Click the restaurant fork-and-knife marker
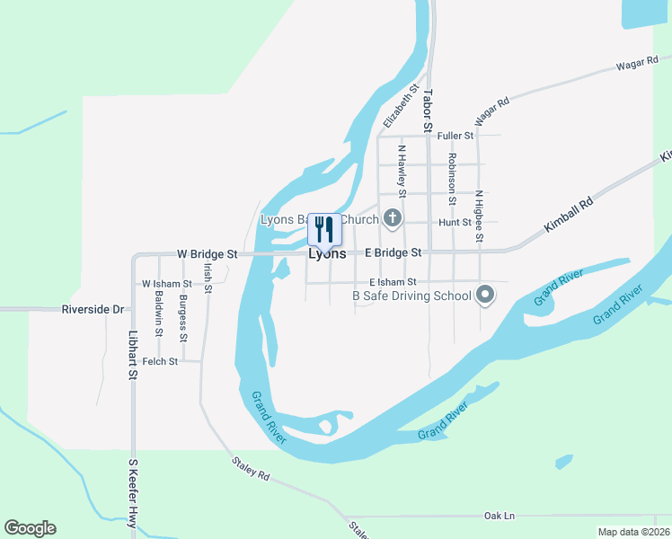pos(324,229)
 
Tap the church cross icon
pos(392,217)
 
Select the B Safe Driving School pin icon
pos(485,295)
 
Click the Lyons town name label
pos(327,254)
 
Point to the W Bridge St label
pos(207,254)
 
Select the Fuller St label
pos(455,136)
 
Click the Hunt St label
pos(455,222)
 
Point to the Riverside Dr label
pos(93,310)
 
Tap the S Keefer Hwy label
pos(132,490)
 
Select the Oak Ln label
pos(500,516)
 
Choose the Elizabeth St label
pos(402,106)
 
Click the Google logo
pos(30,528)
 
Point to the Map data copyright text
pos(634,532)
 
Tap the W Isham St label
pos(166,284)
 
